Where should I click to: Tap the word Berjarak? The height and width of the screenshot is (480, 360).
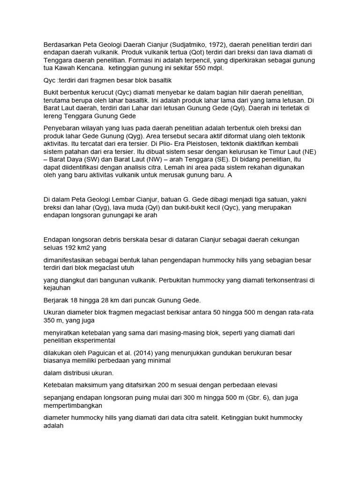[x=58, y=300]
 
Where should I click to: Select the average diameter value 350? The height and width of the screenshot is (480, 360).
[x=50, y=320]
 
